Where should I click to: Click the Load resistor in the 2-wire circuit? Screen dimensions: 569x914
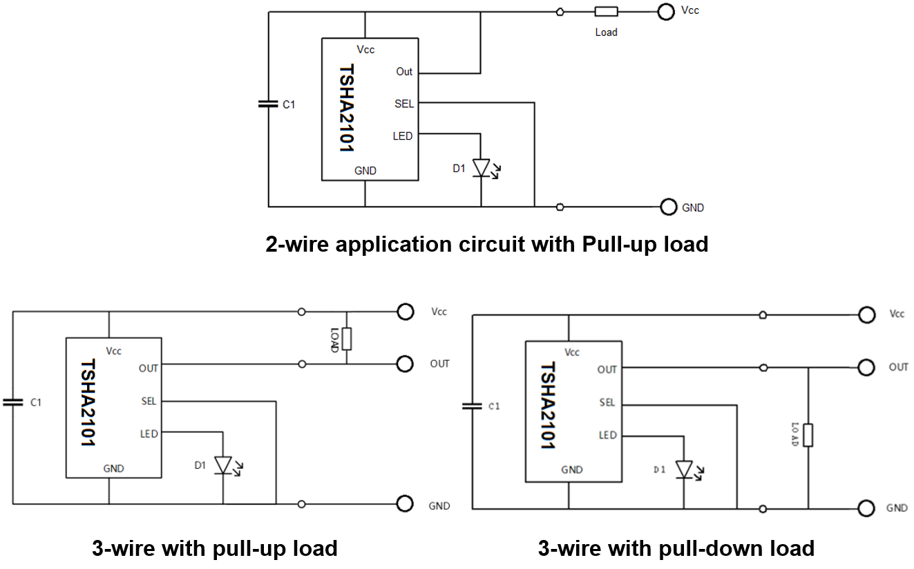(606, 11)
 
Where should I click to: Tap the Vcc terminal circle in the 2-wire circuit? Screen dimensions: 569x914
(665, 11)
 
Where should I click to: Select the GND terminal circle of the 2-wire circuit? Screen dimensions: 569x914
(668, 207)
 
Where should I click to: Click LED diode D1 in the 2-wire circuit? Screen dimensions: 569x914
(481, 168)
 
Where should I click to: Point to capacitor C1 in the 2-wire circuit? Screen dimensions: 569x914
(269, 104)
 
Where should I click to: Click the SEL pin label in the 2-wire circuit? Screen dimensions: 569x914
(404, 104)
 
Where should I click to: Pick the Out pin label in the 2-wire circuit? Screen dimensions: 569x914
(404, 72)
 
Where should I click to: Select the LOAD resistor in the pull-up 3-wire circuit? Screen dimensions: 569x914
(347, 338)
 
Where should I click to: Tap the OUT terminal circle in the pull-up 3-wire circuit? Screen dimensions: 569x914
(405, 364)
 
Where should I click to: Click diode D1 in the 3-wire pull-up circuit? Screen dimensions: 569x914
(222, 465)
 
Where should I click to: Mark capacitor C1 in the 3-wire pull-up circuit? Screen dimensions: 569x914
(12, 401)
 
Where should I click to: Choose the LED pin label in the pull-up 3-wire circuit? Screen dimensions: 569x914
(149, 433)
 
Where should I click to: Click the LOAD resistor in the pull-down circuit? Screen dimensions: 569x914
(808, 435)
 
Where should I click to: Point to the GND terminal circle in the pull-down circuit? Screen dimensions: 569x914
(866, 509)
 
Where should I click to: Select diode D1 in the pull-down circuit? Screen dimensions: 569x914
(684, 469)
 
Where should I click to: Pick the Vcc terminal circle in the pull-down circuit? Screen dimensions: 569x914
(866, 315)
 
